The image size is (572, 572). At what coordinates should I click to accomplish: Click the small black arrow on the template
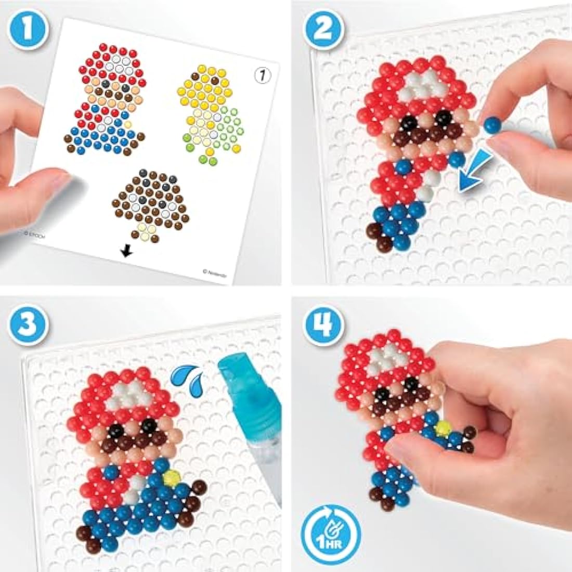click(125, 252)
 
